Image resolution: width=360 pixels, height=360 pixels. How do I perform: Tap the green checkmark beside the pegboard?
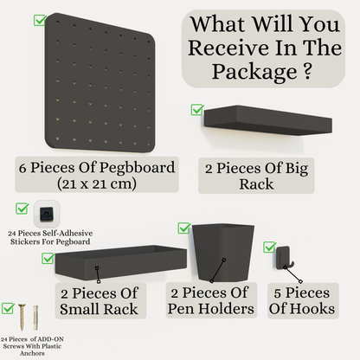coord(39,19)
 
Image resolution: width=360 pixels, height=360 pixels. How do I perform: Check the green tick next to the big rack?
coord(197,110)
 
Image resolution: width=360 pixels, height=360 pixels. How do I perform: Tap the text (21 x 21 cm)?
coord(92,183)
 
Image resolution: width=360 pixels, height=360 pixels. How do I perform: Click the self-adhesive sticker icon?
coord(43,212)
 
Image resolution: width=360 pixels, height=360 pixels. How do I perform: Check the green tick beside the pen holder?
coord(183,228)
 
